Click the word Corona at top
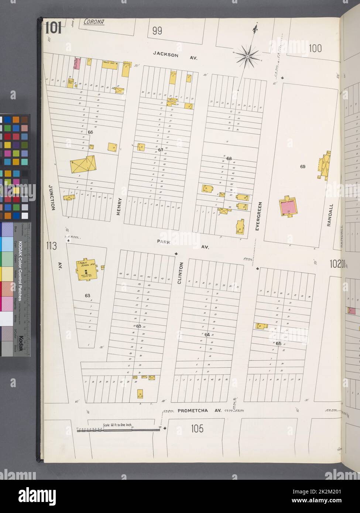click(93, 22)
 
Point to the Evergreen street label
click(260, 216)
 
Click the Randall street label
click(330, 214)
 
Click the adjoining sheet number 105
click(197, 429)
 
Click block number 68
click(229, 158)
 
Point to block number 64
click(207, 334)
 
